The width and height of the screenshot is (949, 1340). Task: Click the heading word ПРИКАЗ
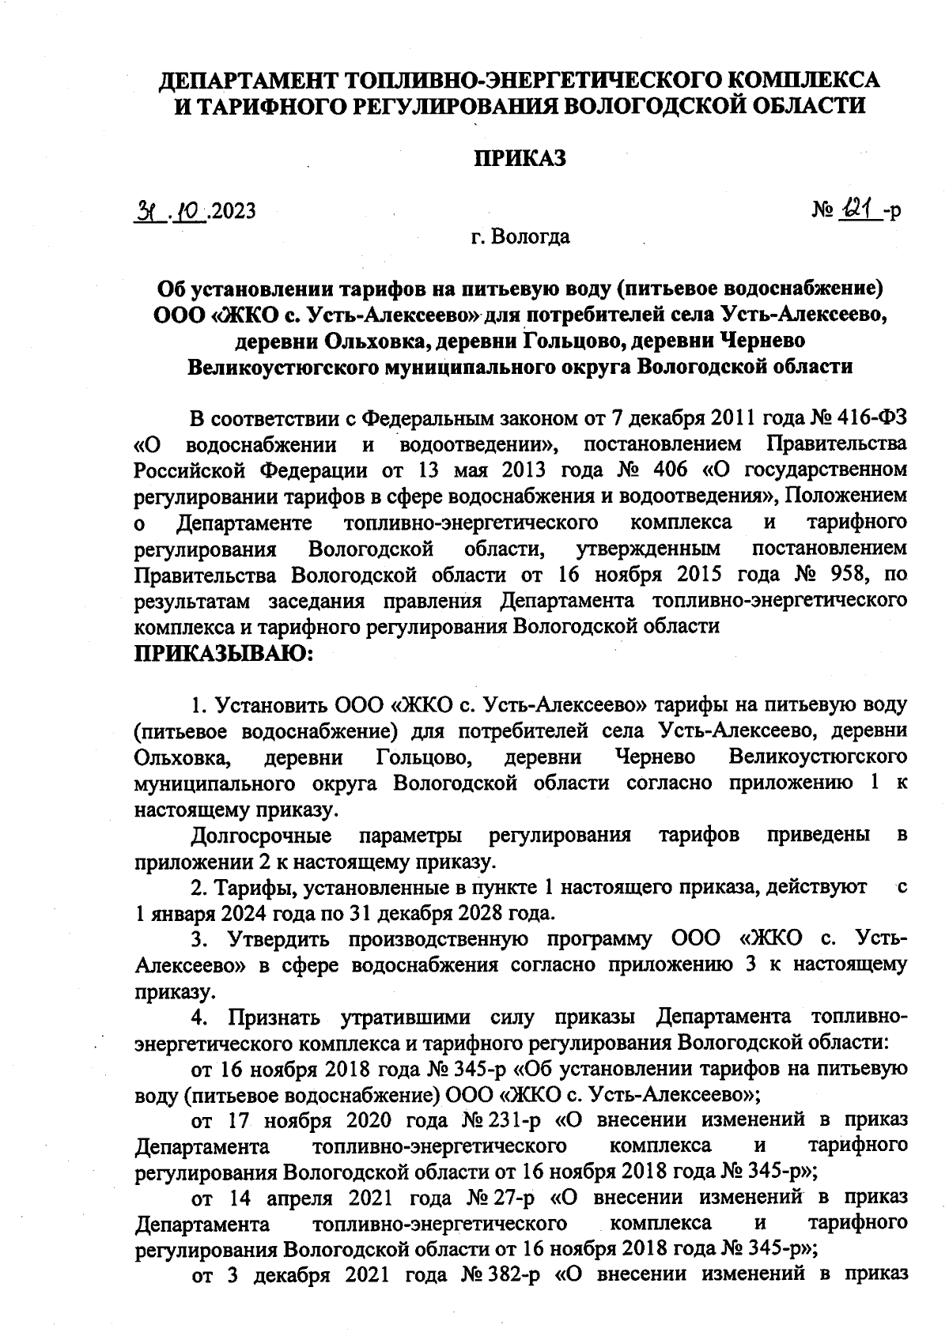click(x=520, y=158)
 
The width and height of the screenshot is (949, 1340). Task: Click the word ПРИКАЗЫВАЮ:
click(x=225, y=654)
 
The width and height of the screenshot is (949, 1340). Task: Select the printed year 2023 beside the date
click(x=233, y=211)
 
